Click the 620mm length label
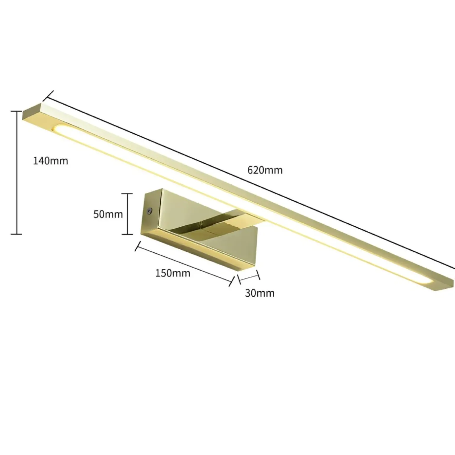(x=265, y=170)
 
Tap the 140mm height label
(x=51, y=161)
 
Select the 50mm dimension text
(x=108, y=214)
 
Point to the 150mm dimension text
(x=173, y=273)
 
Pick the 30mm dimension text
(x=260, y=293)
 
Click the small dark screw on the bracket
(x=149, y=210)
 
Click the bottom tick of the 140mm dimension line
(x=17, y=234)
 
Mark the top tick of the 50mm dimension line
(x=127, y=194)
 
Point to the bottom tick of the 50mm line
(x=127, y=234)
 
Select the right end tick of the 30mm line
(x=258, y=275)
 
